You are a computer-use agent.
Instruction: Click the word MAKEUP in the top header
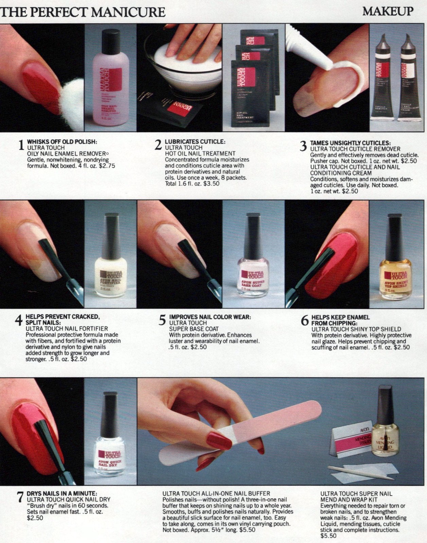coord(388,11)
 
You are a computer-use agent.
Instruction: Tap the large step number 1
coord(21,145)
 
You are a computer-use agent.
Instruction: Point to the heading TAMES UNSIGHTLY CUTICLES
coord(350,143)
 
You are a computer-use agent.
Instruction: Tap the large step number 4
coord(19,320)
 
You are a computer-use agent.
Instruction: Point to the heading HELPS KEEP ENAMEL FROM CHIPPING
coord(340,320)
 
